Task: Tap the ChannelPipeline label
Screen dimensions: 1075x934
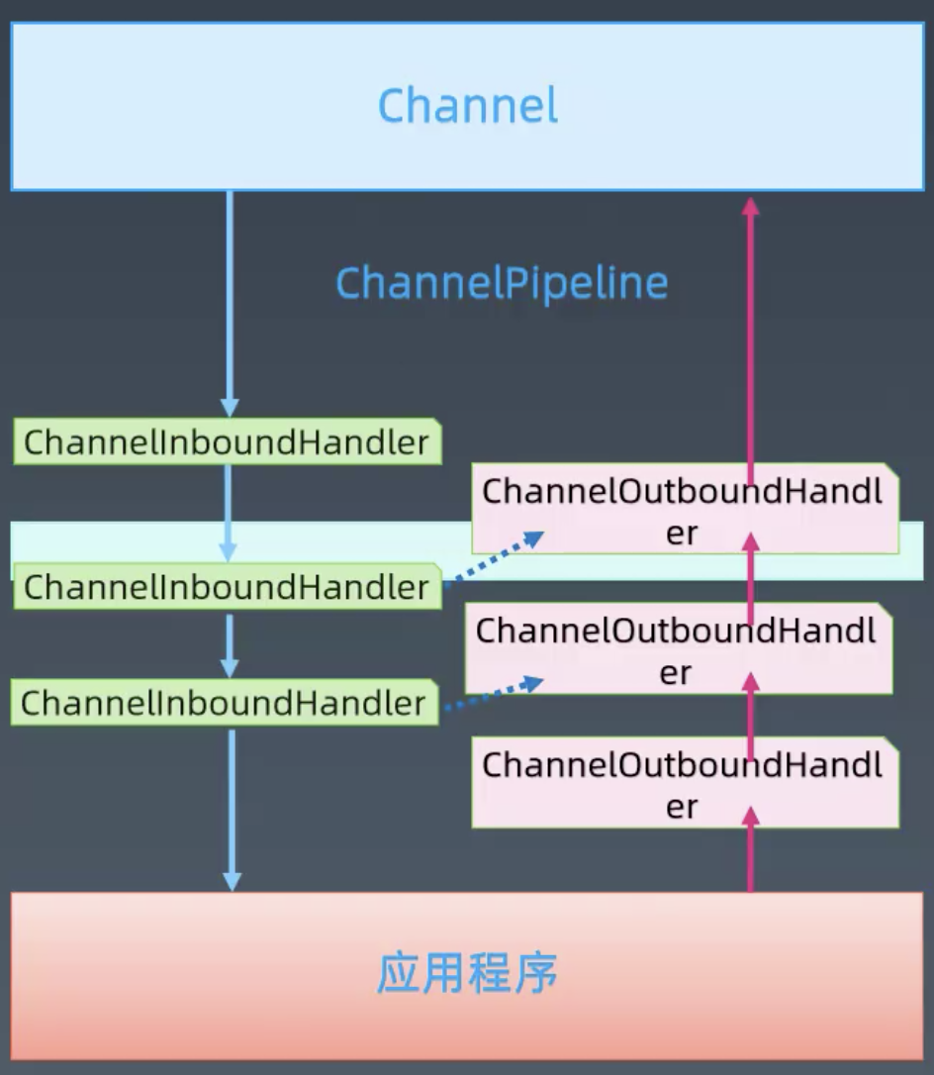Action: pos(502,283)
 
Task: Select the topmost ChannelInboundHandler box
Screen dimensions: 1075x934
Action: pos(227,441)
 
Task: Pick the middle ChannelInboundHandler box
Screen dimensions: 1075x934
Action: pos(227,586)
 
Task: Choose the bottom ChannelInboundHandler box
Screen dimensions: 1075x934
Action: pos(224,703)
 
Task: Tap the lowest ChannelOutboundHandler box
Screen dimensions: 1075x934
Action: pos(683,784)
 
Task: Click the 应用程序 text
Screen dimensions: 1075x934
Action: pos(467,974)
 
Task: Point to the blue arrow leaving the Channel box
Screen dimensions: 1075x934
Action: pos(230,297)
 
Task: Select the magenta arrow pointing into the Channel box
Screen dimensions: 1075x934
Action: pos(751,327)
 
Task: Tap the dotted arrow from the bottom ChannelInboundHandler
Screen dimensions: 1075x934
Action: pos(495,694)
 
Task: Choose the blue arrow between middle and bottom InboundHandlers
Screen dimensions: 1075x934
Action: pos(230,645)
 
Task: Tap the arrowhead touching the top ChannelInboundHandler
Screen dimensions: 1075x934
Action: pos(230,407)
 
